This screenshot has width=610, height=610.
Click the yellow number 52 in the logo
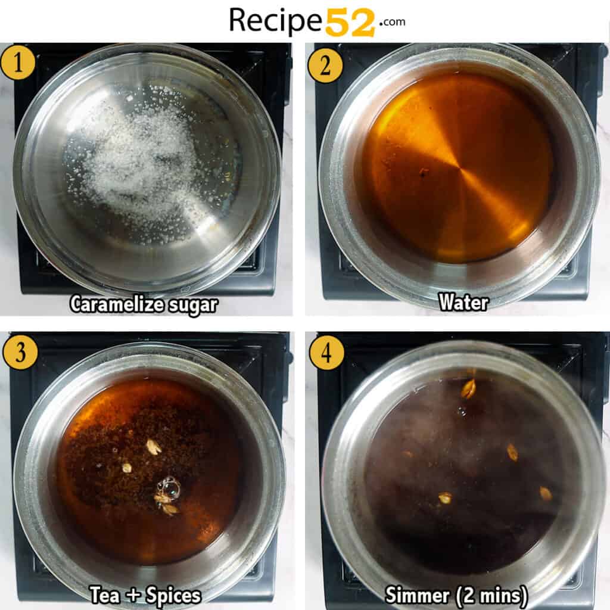[x=350, y=22]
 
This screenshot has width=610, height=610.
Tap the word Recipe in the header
[x=276, y=21]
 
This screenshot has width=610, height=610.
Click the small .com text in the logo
[x=391, y=21]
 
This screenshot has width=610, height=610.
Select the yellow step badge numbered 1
[x=17, y=63]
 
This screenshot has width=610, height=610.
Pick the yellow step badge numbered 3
[x=20, y=352]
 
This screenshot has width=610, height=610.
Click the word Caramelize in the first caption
[x=114, y=304]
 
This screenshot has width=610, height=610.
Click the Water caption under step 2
[x=463, y=302]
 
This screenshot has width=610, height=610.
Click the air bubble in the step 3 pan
[x=170, y=488]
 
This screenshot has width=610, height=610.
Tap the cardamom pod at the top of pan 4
[x=469, y=388]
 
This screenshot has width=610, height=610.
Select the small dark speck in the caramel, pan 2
[x=424, y=172]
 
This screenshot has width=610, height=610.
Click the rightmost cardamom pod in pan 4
[x=546, y=493]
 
